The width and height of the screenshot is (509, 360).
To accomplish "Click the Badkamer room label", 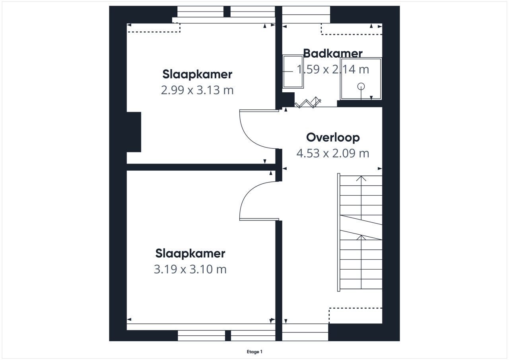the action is click(x=333, y=54).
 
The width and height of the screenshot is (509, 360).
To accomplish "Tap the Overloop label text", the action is click(x=333, y=138).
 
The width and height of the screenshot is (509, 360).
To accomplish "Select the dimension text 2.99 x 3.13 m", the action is click(x=197, y=90).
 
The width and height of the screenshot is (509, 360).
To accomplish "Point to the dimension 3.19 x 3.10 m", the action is click(x=190, y=269).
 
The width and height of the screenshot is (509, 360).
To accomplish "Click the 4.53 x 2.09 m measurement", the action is click(x=333, y=153).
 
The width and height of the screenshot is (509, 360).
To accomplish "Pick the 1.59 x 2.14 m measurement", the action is click(x=333, y=69).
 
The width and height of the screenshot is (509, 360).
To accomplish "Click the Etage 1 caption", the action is click(x=254, y=352).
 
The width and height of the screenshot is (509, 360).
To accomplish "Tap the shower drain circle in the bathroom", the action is click(x=361, y=86).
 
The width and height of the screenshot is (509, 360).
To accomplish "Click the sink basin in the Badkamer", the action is click(x=293, y=71).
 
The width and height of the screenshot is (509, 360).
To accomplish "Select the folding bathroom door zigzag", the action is click(x=308, y=103).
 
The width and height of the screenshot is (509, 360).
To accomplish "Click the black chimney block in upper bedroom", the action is click(x=134, y=132).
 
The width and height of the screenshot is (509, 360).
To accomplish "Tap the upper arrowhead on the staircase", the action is click(x=361, y=178).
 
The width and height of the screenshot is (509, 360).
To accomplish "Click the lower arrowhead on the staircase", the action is click(x=361, y=237).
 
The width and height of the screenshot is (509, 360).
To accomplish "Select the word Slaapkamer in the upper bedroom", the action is click(x=197, y=74).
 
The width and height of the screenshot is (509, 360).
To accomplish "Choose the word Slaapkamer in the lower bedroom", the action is click(x=190, y=254).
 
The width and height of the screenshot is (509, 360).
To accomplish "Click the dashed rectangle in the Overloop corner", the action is click(x=356, y=315).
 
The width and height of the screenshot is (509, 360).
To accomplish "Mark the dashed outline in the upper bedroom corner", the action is click(x=153, y=28).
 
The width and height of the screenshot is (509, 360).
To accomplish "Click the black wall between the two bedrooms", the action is click(x=201, y=167).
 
